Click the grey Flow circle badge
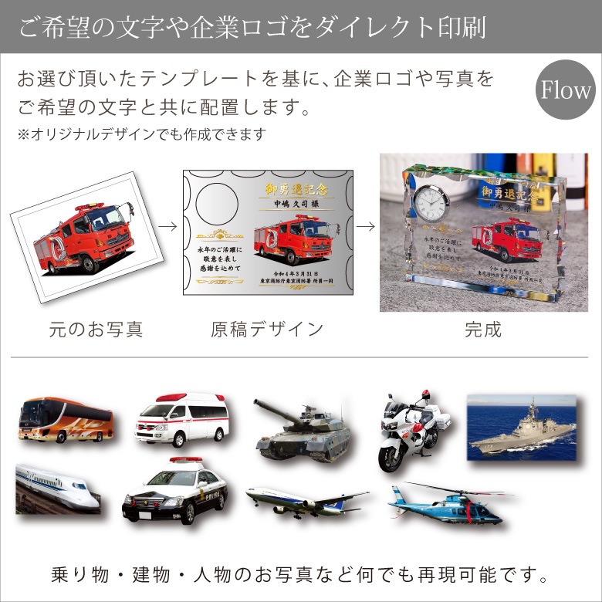(566, 91)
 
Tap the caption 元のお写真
(96, 330)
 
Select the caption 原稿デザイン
(267, 330)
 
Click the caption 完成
(483, 330)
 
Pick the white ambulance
(182, 421)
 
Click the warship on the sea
(522, 428)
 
